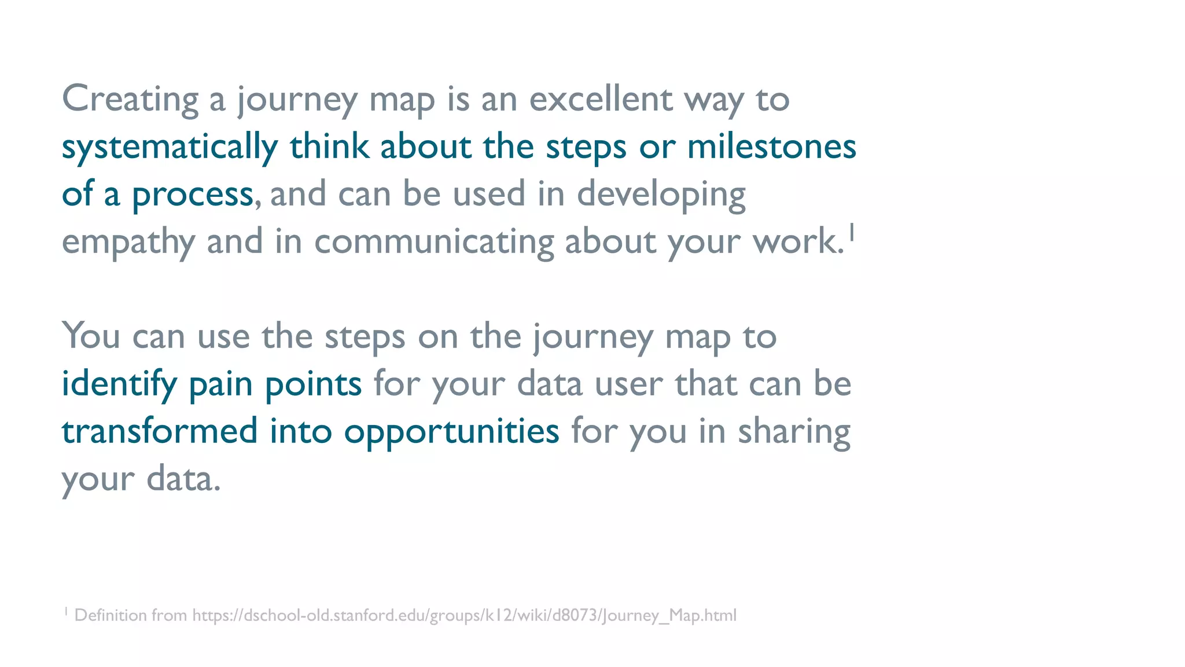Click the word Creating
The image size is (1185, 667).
pos(130,100)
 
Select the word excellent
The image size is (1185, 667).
pos(601,100)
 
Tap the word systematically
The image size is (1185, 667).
pos(170,147)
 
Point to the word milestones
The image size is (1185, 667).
pos(771,147)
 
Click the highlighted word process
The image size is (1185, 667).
pos(193,195)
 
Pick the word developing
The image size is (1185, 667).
pos(661,195)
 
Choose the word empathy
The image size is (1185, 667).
pos(128,242)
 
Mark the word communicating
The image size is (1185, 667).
pos(434,242)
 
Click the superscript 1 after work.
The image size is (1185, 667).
pos(852,233)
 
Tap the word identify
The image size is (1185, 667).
pos(119,384)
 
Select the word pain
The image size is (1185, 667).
pos(220,384)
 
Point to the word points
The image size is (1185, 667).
pos(313,384)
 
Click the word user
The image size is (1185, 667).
pos(628,384)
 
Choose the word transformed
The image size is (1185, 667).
pos(160,432)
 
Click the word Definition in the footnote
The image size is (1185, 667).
pos(111,615)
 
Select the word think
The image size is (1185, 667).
pos(329,147)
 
